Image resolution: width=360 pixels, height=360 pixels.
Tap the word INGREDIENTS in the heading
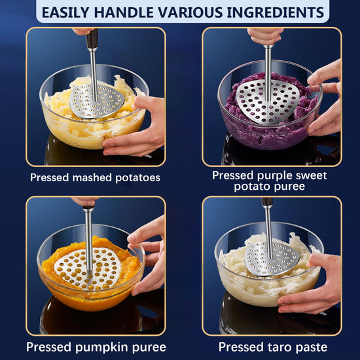click(276, 12)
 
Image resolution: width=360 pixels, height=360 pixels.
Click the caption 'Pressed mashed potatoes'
click(95, 177)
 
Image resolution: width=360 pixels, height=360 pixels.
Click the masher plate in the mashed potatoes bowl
click(97, 101)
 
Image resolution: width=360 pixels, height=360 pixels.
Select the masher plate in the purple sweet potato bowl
click(268, 101)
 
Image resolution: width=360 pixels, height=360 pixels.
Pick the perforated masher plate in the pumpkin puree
click(88, 268)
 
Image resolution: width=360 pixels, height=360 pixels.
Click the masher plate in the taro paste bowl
click(272, 259)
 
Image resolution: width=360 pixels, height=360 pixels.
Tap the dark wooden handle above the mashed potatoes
click(92, 39)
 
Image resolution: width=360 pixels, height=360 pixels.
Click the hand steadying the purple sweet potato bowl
click(326, 98)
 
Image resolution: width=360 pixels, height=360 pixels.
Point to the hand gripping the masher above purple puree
click(266, 35)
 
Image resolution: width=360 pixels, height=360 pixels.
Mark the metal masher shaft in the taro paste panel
click(268, 230)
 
